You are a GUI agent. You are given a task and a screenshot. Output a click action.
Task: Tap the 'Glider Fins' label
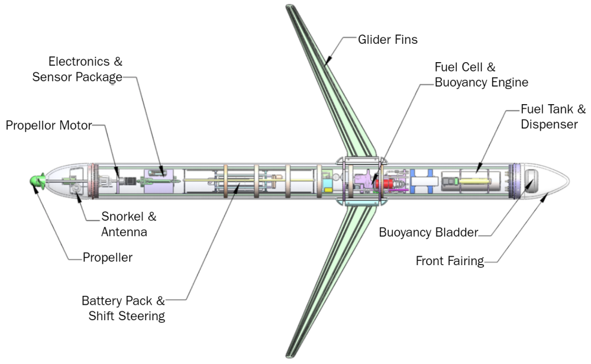click(x=387, y=40)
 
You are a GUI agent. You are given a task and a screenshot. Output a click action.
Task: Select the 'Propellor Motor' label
click(x=49, y=125)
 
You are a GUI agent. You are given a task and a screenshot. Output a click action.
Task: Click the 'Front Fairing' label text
click(x=450, y=261)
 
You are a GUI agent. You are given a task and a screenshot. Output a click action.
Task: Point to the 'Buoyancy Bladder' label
click(x=428, y=232)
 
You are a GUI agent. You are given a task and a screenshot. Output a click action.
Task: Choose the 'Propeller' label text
click(x=108, y=257)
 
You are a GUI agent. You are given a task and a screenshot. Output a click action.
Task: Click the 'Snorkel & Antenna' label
click(x=128, y=224)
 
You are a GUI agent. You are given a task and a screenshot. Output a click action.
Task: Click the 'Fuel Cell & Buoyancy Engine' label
click(x=481, y=75)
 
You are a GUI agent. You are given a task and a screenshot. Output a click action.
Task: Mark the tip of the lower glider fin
click(x=289, y=355)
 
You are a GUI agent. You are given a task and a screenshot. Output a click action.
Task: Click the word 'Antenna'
click(x=124, y=232)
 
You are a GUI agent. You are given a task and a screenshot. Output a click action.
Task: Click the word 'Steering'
click(x=143, y=315)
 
